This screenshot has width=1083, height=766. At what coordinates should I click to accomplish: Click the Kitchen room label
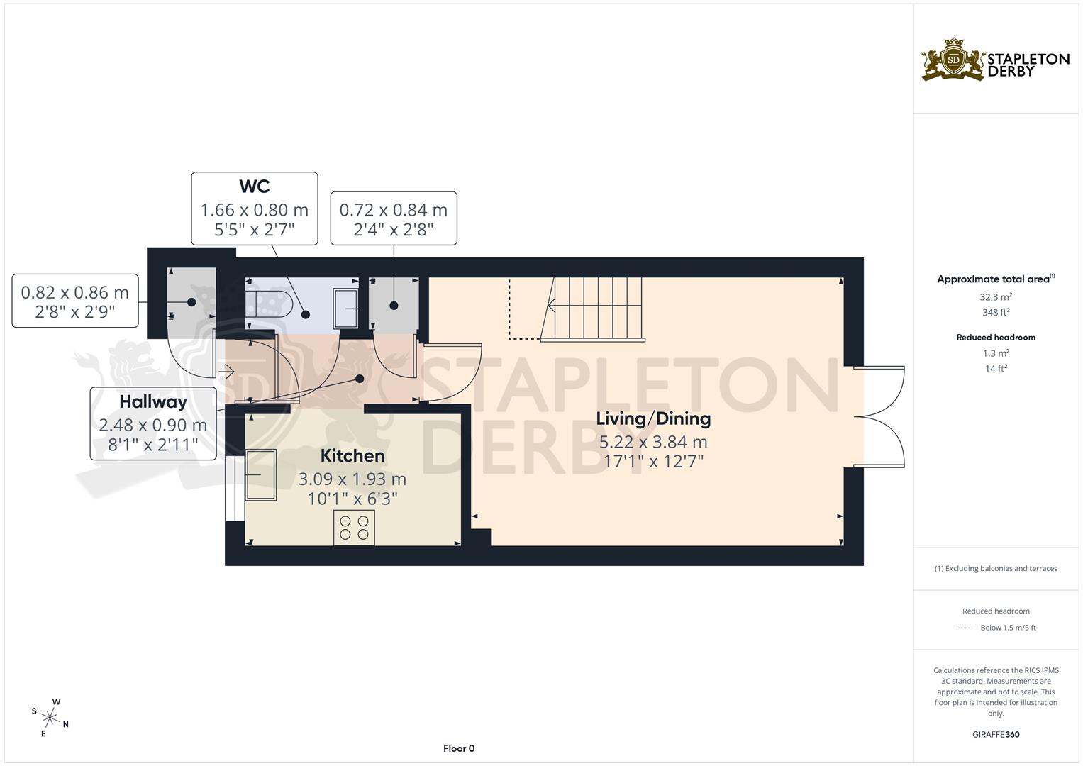point(352,455)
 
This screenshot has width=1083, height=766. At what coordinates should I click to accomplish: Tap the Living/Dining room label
point(653,418)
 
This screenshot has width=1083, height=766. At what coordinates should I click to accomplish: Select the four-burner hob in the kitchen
point(354,528)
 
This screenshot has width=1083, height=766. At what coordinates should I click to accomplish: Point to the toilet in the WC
point(268,305)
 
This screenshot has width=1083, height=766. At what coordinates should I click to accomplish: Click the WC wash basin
point(346,309)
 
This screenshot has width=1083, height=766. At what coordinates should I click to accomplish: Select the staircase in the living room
point(592,309)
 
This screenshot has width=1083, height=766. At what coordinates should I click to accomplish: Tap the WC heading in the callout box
point(254,187)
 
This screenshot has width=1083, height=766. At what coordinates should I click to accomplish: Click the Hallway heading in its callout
point(153,402)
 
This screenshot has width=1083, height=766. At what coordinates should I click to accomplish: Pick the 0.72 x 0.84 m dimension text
point(394,210)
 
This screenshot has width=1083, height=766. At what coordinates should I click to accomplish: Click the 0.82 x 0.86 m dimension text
point(75,292)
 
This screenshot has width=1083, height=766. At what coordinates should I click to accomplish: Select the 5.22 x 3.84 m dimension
point(653,443)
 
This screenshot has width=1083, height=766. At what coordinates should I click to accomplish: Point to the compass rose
point(50,717)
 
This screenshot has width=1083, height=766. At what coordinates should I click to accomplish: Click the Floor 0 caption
point(458,748)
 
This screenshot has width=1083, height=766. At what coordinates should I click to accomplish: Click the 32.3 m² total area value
point(996,297)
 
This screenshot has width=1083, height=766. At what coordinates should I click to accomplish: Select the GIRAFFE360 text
point(996,734)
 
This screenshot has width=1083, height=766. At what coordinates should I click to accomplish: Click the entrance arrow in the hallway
point(227,370)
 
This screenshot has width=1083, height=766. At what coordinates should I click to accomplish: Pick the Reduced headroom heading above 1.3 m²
point(996,338)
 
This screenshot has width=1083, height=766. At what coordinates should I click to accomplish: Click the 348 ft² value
point(996,313)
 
